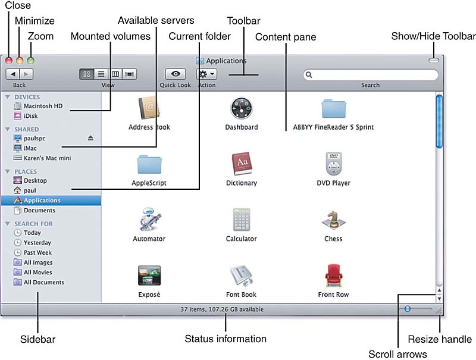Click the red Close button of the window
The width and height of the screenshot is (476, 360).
click(x=9, y=60)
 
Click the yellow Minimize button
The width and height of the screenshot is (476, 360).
click(x=20, y=60)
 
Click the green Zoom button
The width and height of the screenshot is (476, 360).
click(x=30, y=60)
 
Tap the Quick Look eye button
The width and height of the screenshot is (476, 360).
click(x=176, y=74)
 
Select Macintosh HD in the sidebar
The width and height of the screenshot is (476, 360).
click(x=43, y=106)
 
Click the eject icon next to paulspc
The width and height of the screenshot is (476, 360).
click(x=90, y=138)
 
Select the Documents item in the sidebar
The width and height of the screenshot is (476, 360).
click(x=39, y=210)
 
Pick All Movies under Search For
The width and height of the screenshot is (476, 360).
click(x=37, y=272)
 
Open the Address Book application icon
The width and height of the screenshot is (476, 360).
click(x=149, y=108)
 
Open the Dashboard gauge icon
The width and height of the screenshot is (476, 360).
click(x=242, y=108)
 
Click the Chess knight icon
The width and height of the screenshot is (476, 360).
click(x=333, y=220)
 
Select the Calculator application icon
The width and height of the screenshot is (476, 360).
click(x=241, y=220)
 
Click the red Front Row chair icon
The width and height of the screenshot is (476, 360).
click(x=333, y=276)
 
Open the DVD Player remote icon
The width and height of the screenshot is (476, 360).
click(x=333, y=164)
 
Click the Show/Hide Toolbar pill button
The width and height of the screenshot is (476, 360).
click(x=434, y=60)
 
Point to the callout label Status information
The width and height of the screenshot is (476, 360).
click(x=226, y=339)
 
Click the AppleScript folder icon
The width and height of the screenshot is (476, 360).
click(x=149, y=165)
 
